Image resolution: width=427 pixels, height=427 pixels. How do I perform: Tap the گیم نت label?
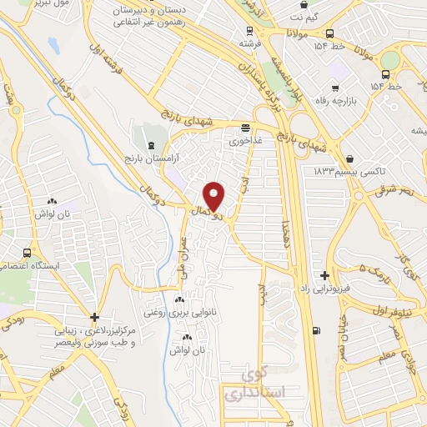pos(301,14)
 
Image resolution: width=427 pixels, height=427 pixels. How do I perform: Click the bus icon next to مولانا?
pos(331,34)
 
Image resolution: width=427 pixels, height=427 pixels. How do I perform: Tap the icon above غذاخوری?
pos(245,128)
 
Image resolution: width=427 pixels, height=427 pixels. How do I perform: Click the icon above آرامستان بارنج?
pos(150,144)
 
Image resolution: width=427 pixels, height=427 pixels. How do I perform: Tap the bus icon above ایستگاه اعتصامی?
pos(28,253)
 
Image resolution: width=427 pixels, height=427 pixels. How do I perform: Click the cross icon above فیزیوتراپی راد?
pos(324,275)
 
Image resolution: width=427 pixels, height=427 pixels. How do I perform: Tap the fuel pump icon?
pos(314,330)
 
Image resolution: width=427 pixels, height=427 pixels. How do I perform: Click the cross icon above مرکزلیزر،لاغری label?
pos(95,317)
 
